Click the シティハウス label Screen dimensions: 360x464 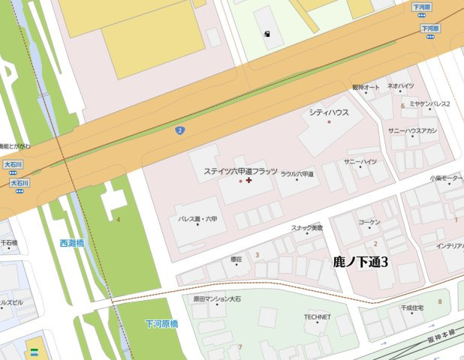329,112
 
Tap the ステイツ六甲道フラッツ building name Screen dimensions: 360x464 240,171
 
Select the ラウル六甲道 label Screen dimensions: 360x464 297,174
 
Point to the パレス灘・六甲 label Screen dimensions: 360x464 197,219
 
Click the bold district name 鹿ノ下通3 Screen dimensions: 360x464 360,262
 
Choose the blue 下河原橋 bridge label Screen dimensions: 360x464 161,324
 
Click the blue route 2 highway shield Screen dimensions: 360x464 179,130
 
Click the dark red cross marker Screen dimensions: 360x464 249,180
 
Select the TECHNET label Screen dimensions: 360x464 317,316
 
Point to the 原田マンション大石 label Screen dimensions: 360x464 217,298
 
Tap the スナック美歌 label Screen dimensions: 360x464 307,227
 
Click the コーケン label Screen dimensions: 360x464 369,223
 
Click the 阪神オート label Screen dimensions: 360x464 366,87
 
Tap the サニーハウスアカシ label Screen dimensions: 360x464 413,130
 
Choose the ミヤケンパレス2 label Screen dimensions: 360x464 429,103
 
